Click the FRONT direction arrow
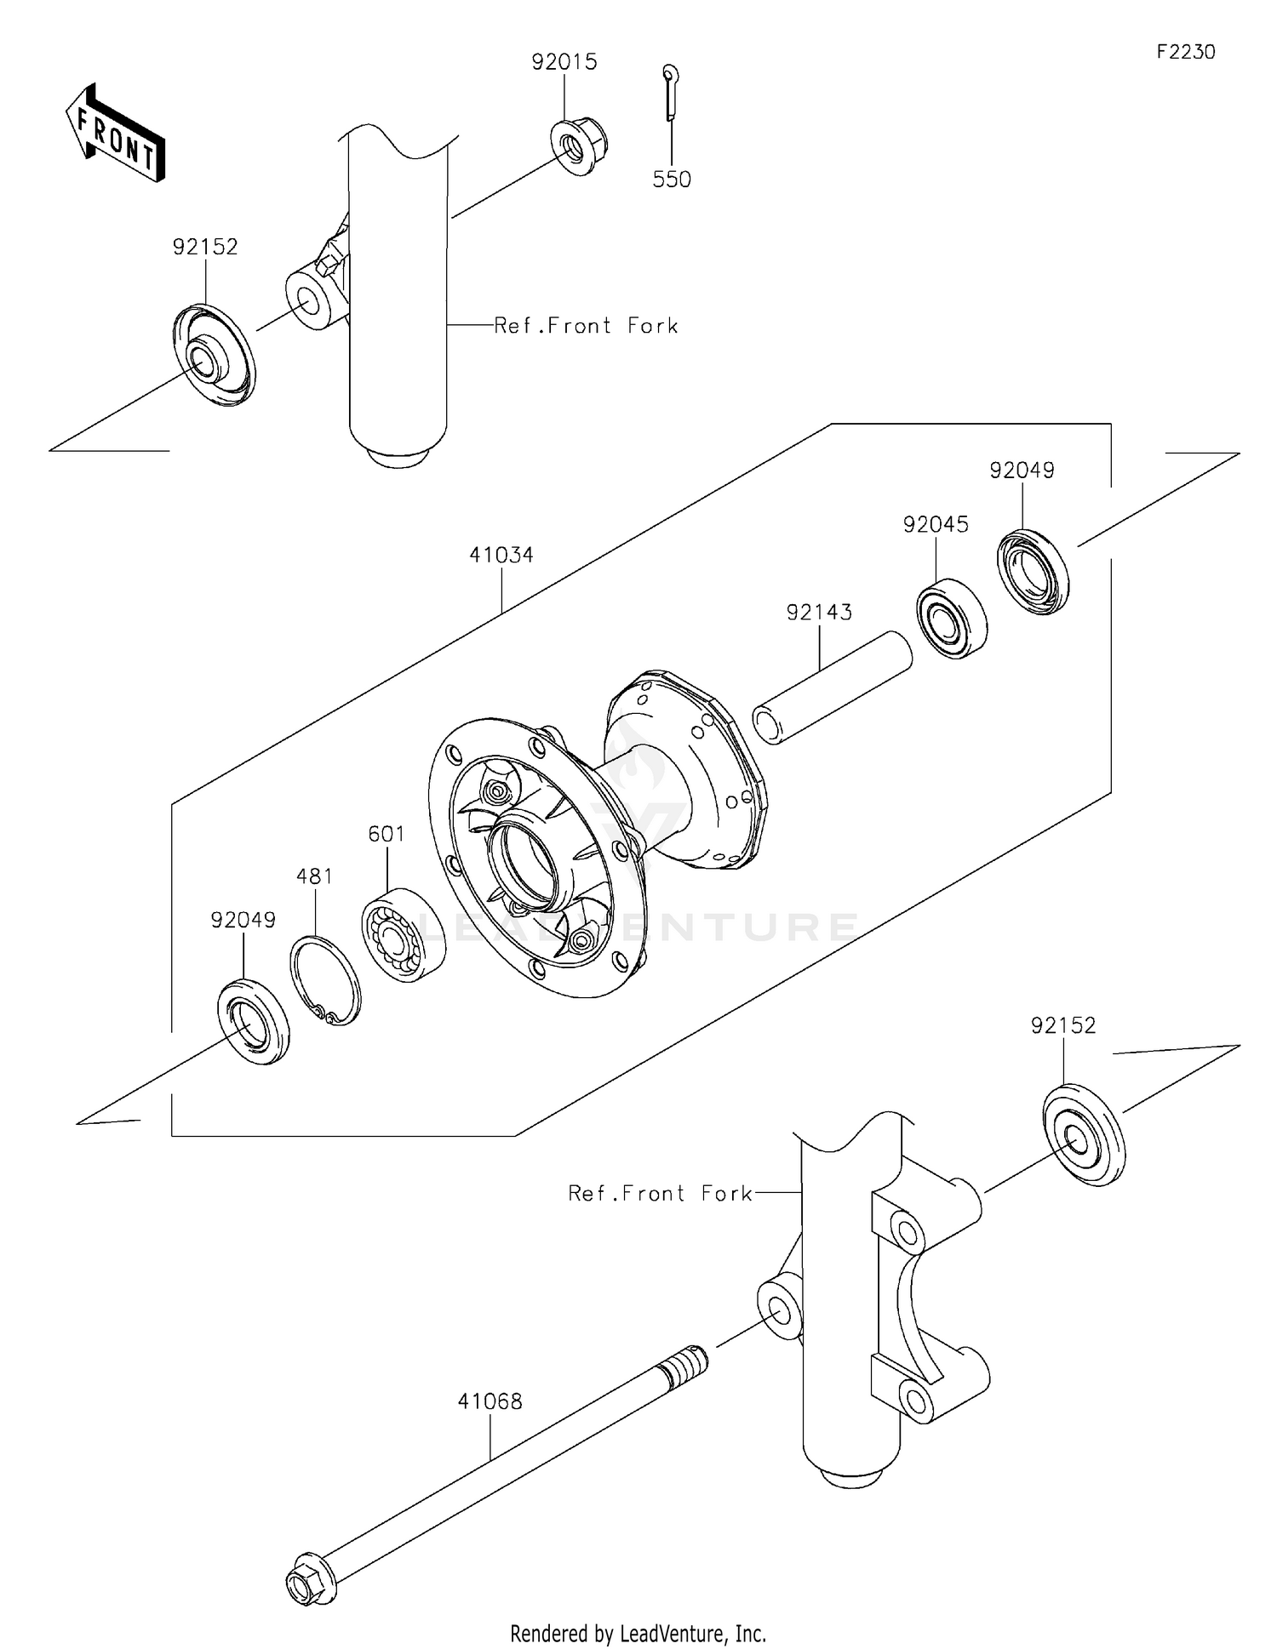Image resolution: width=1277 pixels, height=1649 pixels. (x=115, y=133)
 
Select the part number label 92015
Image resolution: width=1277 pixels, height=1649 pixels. (x=564, y=62)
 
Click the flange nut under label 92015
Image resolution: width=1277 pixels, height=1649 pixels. (x=580, y=148)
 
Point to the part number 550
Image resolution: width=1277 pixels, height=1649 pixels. (x=672, y=180)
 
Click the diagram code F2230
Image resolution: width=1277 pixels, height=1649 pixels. (x=1185, y=52)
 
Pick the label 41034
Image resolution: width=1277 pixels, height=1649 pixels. (x=501, y=556)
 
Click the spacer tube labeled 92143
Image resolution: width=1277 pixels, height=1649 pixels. (x=833, y=688)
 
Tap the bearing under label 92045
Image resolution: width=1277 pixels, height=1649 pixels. (x=952, y=619)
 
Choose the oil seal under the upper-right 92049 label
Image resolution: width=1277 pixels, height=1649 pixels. (x=1033, y=572)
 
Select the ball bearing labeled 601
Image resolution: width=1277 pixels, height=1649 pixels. (x=404, y=935)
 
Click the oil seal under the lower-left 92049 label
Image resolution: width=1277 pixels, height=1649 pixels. (x=253, y=1022)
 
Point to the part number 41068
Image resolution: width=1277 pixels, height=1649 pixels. (x=490, y=1401)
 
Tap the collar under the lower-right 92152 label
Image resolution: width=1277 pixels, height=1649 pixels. (x=1083, y=1135)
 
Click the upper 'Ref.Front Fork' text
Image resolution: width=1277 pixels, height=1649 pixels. (x=586, y=326)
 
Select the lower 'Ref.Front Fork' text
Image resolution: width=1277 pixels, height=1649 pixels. (x=660, y=1194)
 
